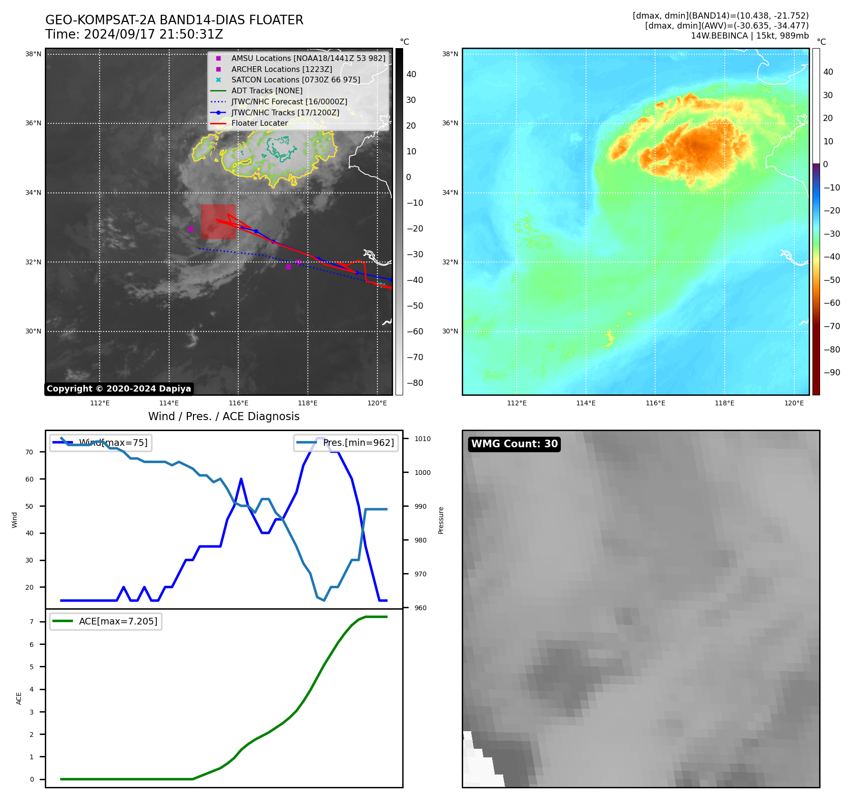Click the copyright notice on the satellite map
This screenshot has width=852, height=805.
[x=119, y=389]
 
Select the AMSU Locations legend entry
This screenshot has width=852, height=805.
[x=308, y=58]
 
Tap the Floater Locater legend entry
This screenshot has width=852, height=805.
[x=259, y=123]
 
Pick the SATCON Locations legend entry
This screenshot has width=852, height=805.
[x=295, y=80]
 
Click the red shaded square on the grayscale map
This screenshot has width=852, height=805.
[x=218, y=221]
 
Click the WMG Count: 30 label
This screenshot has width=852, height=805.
[x=514, y=444]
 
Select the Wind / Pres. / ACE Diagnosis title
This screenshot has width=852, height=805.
[x=223, y=416]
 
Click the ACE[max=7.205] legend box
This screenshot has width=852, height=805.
[x=106, y=621]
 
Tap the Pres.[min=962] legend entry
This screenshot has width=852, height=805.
[x=346, y=443]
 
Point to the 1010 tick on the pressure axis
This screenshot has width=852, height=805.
[x=422, y=439]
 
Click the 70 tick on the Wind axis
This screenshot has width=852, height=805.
[x=30, y=452]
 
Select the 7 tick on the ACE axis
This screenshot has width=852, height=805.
[x=31, y=622]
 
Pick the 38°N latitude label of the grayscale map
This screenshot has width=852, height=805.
[x=33, y=54]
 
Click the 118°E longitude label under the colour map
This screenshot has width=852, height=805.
[x=724, y=403]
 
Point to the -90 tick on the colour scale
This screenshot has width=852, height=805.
[x=832, y=372]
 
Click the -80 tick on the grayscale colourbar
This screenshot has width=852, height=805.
[x=415, y=383]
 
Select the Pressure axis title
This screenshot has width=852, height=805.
[x=441, y=520]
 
